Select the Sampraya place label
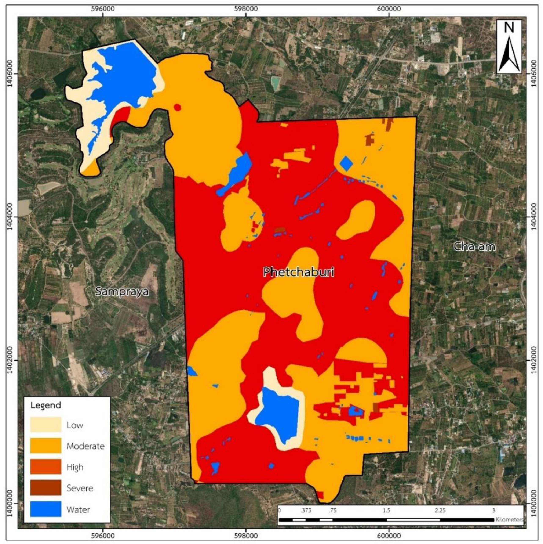122,291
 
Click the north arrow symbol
509,47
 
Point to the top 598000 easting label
246,8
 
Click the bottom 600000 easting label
389,535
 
